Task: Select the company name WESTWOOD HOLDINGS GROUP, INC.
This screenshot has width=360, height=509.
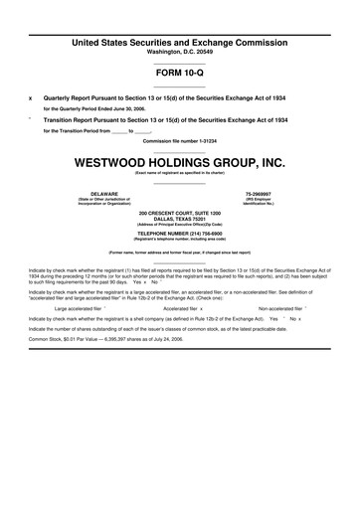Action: [x=180, y=161]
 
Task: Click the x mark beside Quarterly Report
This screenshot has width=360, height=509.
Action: [x=30, y=97]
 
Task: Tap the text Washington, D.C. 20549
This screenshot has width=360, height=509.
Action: [x=180, y=52]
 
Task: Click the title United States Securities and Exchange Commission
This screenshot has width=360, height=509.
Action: [x=180, y=42]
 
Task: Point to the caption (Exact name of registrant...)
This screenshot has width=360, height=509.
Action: [x=180, y=173]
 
